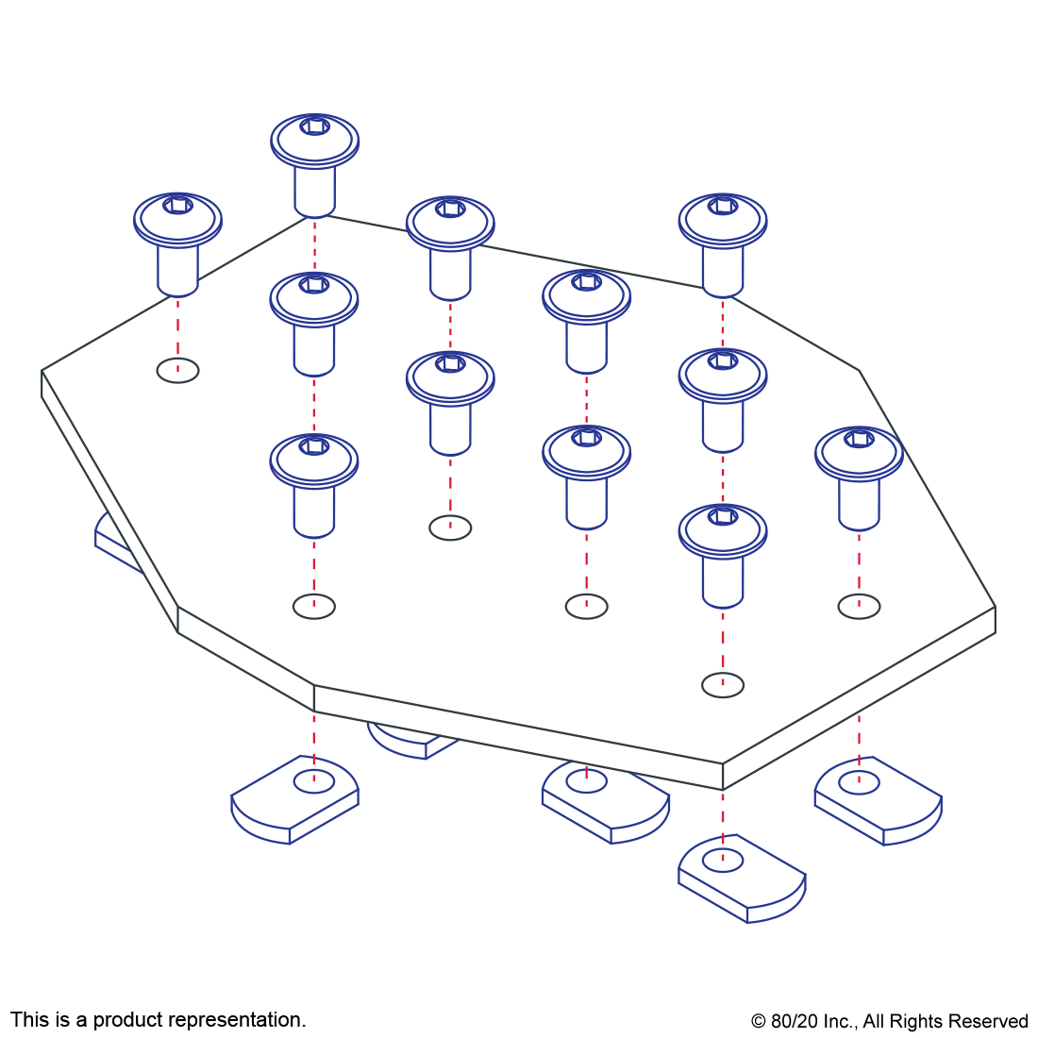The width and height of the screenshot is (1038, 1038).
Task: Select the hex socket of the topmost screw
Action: (x=315, y=126)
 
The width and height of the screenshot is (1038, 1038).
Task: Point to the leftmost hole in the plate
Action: (x=177, y=370)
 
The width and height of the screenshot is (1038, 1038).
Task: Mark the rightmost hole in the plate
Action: (x=859, y=606)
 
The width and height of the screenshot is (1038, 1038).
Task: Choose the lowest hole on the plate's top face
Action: (x=723, y=685)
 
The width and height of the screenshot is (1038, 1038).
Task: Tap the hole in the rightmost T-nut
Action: (x=859, y=781)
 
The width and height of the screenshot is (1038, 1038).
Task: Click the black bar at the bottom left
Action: (x=158, y=1021)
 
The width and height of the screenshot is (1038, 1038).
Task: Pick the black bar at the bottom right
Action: (x=889, y=1023)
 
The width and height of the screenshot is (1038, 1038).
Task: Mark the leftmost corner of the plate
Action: (x=42, y=371)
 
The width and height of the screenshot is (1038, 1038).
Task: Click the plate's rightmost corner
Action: (x=995, y=607)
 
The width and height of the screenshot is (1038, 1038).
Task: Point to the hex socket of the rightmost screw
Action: (x=859, y=439)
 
